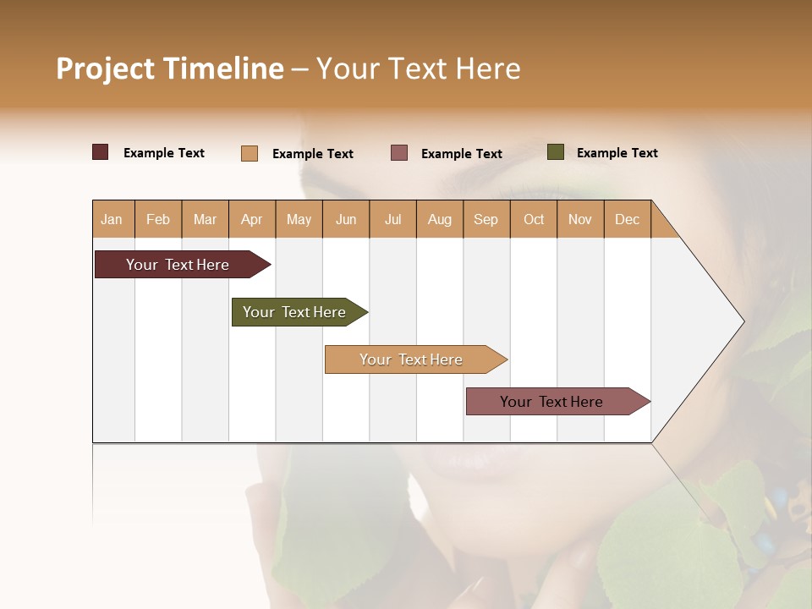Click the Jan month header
tap(112, 220)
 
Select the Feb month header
tap(158, 220)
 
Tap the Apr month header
tap(251, 220)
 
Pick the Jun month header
tap(346, 220)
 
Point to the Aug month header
tap(439, 220)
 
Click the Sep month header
tap(486, 220)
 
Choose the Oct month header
tap(534, 220)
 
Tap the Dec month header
tap(627, 220)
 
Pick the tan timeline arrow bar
tap(412, 359)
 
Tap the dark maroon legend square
tap(101, 152)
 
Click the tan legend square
tap(250, 153)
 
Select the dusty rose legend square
tap(399, 153)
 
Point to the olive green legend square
tap(556, 152)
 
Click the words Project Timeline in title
tap(170, 69)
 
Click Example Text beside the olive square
tap(617, 153)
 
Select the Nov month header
tap(580, 220)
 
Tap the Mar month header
tap(205, 220)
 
